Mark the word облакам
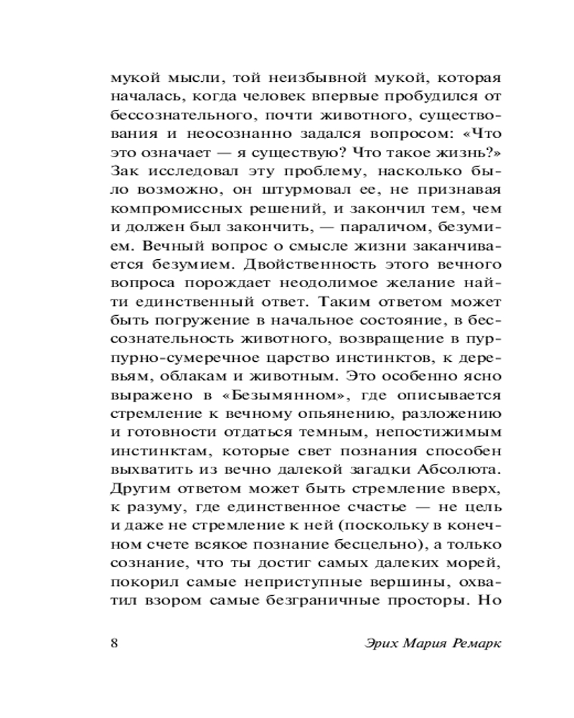click(183, 376)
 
